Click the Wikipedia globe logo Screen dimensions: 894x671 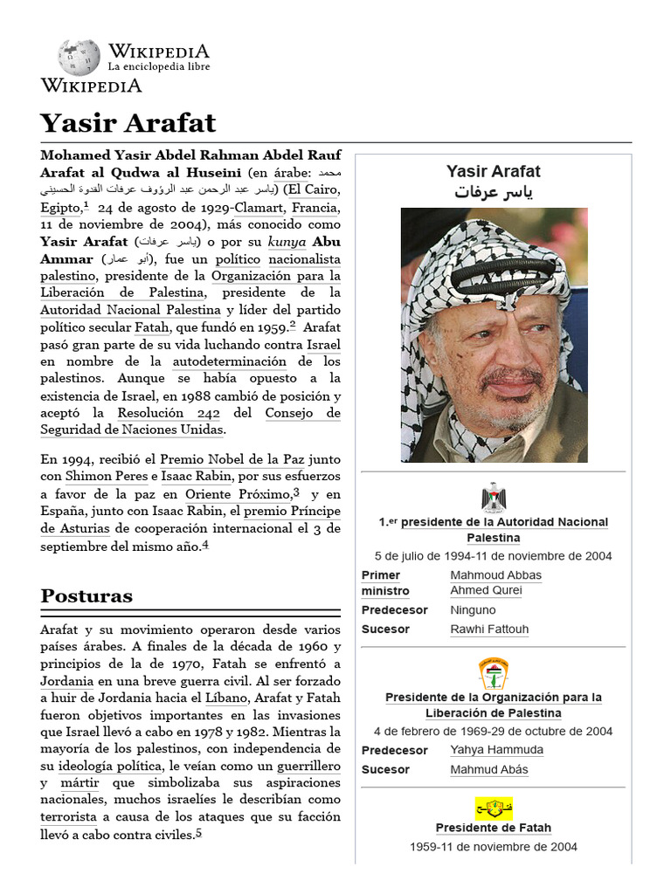coord(79,58)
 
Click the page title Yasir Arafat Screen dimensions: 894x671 coord(128,121)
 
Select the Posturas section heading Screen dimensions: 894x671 coord(86,596)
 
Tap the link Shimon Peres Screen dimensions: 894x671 coord(98,476)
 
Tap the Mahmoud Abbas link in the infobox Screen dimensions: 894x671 coord(495,574)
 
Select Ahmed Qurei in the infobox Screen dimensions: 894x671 coord(486,590)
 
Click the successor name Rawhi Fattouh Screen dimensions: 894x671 coord(489,629)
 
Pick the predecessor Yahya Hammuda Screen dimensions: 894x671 coord(496,749)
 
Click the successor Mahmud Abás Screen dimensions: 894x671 coord(489,769)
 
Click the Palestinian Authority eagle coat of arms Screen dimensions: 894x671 coord(494,497)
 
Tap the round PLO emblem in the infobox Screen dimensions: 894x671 coord(494,673)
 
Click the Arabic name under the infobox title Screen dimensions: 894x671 coord(494,192)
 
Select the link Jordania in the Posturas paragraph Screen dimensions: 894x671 coord(67,681)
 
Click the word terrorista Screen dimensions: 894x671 coord(68,816)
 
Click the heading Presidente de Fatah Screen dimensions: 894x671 coord(494,828)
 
